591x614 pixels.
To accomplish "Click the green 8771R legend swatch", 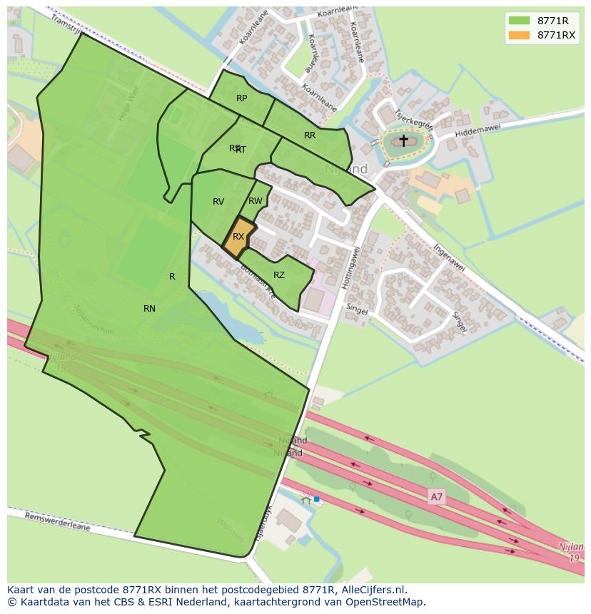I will pos(520,21).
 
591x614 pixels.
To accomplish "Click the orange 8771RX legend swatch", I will pos(520,35).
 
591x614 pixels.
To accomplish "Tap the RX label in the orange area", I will pos(238,237).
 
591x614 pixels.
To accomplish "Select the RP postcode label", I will pos(241,98).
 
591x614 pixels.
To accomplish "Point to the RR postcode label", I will pos(310,135).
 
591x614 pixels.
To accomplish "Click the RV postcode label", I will pos(218,202).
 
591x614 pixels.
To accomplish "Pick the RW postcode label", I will pos(256,201).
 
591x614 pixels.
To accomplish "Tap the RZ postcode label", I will pos(279,275).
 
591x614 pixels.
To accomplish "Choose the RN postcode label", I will pos(149,309).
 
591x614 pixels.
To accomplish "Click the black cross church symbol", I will pos(403,140).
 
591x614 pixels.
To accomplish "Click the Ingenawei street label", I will pos(449,258).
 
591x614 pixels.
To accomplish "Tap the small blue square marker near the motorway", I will pos(316,499).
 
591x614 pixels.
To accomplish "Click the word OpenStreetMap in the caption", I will pos(386,602).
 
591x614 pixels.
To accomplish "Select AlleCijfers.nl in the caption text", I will pos(372,590).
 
